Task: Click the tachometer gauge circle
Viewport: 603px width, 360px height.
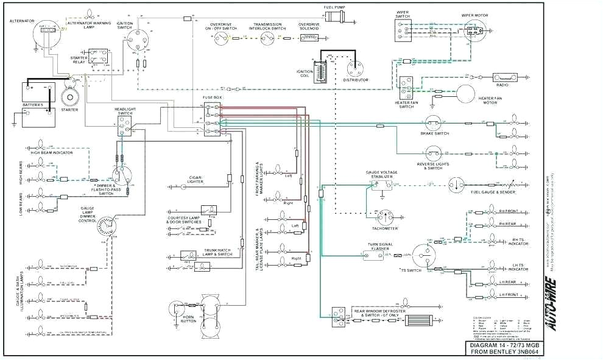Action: click(x=384, y=217)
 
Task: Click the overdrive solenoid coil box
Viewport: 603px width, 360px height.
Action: click(x=309, y=38)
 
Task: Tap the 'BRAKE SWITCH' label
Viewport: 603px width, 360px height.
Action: click(x=434, y=133)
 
